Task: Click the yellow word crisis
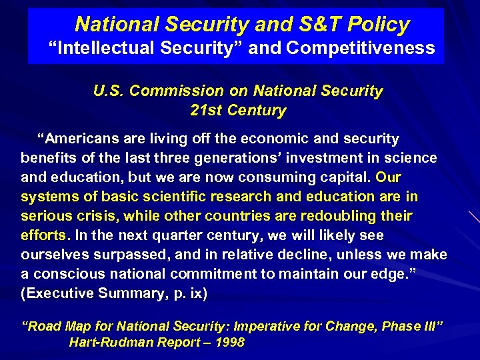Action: (96, 216)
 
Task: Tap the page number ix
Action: (197, 293)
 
